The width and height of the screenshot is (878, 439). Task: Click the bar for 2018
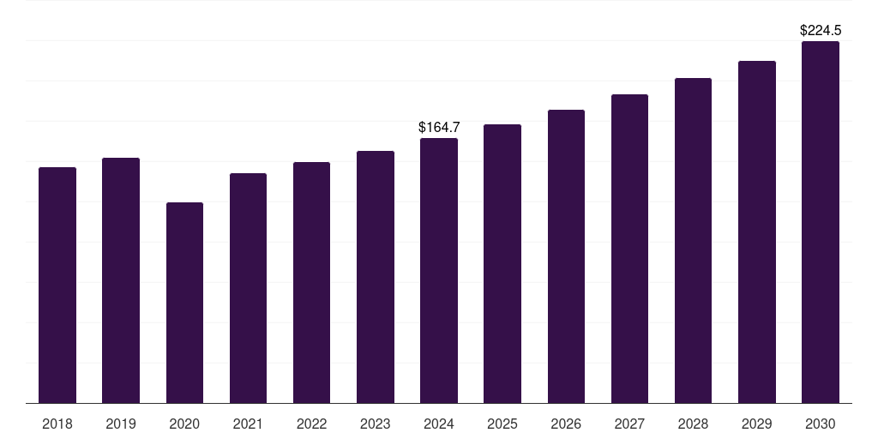(x=57, y=285)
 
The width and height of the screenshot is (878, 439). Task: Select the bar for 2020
(x=184, y=303)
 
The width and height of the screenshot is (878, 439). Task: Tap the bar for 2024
(x=439, y=270)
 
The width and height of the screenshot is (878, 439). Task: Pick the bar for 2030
(x=821, y=222)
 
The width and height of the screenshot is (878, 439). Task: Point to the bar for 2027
(x=629, y=249)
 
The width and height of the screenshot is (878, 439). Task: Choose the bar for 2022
(x=311, y=282)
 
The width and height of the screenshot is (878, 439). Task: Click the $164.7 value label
(x=439, y=127)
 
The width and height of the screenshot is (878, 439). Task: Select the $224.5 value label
(x=821, y=30)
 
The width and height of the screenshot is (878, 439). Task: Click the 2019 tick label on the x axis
(x=121, y=424)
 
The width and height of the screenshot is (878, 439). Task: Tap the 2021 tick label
(x=248, y=424)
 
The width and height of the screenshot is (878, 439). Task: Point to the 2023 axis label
(x=376, y=424)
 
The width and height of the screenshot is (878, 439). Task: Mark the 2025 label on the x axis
(x=502, y=424)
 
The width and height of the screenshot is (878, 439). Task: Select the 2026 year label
(x=566, y=424)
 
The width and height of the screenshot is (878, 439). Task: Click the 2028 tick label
(x=693, y=424)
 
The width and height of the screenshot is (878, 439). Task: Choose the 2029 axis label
(x=757, y=424)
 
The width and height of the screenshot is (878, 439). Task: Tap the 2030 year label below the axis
(x=821, y=424)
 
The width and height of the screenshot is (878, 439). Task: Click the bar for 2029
(x=757, y=232)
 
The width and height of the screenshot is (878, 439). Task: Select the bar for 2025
(x=502, y=263)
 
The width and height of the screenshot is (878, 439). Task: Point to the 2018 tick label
(x=57, y=424)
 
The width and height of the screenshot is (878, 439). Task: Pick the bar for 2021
(x=248, y=288)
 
